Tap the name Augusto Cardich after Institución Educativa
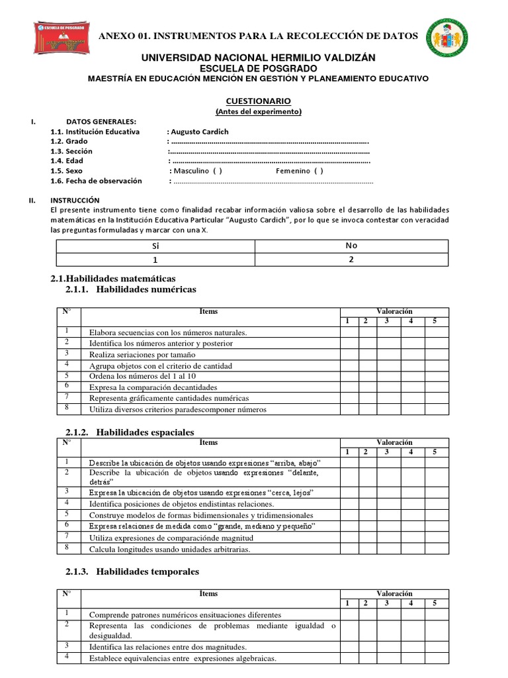198,131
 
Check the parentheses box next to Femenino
319,171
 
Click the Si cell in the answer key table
156,245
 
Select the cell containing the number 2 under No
351,260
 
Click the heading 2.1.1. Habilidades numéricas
131,289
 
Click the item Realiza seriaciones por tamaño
142,354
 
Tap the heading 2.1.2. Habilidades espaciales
130,432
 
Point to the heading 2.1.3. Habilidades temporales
132,571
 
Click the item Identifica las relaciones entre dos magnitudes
168,647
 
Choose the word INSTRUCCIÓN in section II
75,200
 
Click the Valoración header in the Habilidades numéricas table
394,311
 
